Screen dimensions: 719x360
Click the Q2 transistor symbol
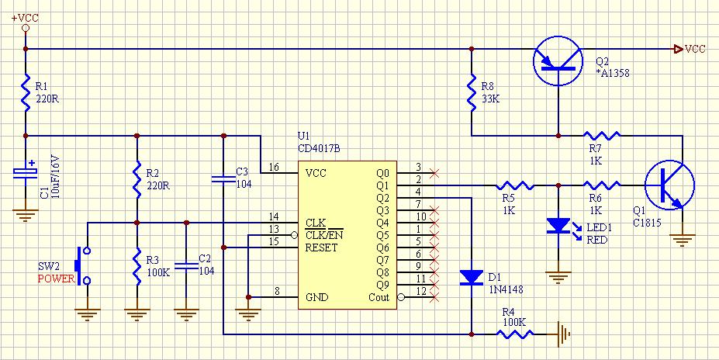558,61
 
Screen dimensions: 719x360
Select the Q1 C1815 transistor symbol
669,185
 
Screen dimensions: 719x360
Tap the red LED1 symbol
558,226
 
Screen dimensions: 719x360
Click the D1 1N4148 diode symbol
472,277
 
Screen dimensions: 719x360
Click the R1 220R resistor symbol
26,92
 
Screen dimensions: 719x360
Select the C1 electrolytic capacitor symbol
26,172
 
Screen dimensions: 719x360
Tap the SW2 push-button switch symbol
82,266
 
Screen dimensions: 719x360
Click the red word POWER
56,279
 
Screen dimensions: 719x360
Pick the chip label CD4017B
319,148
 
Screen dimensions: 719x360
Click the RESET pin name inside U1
321,247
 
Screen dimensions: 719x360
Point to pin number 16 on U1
274,168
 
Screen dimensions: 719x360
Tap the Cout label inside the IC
379,297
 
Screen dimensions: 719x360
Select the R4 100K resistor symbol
515,334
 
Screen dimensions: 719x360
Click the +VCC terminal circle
26,28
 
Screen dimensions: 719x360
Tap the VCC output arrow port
678,48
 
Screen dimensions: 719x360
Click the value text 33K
491,98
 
